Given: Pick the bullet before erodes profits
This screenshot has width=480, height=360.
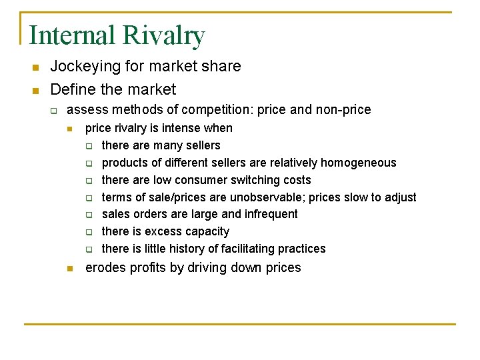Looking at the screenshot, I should (69, 269).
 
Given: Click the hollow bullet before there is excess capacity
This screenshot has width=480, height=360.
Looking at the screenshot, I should (89, 232).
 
